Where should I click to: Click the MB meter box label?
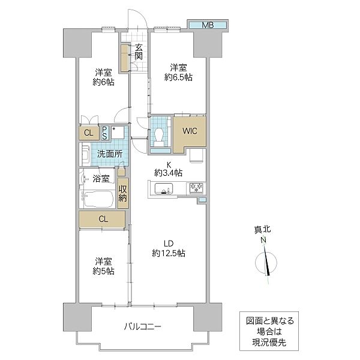207,25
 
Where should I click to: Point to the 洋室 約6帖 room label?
103,77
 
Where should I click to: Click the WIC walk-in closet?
190,130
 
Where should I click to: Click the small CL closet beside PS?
88,133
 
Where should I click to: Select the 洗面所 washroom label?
110,154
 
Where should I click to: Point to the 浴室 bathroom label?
101,178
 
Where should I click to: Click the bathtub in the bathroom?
97,199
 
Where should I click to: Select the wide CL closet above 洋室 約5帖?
103,219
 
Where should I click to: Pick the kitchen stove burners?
196,188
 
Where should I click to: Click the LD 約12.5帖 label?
169,248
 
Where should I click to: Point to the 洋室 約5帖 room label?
103,266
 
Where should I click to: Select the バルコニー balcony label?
143,327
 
